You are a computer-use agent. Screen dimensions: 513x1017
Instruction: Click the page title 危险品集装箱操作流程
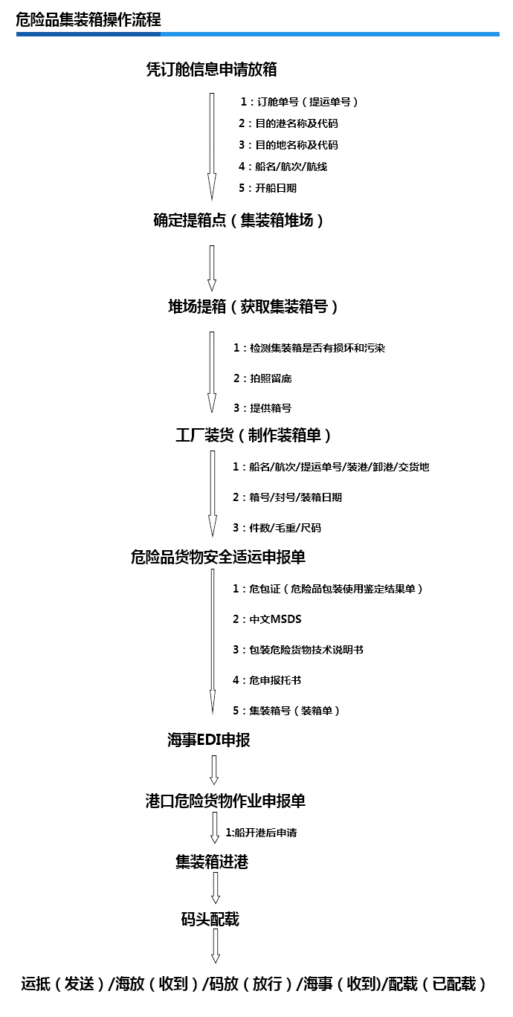(88, 20)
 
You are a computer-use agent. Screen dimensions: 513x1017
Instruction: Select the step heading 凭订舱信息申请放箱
(212, 69)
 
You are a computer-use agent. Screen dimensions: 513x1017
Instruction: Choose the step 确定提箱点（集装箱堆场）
(239, 220)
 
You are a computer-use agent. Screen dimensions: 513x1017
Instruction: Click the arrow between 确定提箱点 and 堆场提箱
(212, 268)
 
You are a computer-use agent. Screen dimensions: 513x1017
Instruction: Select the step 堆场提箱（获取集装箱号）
(253, 307)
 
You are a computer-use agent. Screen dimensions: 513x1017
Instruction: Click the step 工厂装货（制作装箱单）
(254, 436)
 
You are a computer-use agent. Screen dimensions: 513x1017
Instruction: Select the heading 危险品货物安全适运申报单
(219, 557)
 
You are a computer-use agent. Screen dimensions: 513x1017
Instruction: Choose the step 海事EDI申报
(209, 740)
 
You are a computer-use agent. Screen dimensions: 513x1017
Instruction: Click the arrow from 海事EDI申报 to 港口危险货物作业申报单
(214, 770)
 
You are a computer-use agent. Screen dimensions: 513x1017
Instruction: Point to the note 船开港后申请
(262, 833)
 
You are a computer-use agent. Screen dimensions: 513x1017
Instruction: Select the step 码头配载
(210, 920)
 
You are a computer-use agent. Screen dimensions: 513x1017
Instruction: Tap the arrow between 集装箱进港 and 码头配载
(216, 888)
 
